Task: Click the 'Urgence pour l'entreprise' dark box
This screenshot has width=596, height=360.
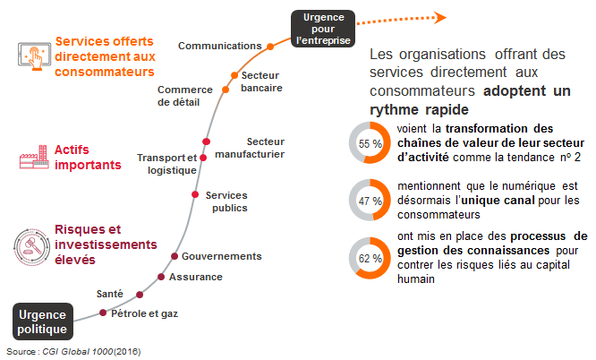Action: [x=322, y=28]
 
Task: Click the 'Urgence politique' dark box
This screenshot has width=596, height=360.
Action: [x=42, y=321]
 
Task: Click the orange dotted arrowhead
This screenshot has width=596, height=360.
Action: [x=438, y=16]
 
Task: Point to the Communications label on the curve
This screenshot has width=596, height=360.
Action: [x=220, y=45]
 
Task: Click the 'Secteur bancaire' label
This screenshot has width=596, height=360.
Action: [x=262, y=81]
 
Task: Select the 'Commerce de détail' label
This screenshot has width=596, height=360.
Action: [x=184, y=95]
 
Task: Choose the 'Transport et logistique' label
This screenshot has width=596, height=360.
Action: [x=166, y=164]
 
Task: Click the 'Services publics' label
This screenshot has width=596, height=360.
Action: [x=226, y=201]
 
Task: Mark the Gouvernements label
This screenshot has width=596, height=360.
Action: [x=221, y=256]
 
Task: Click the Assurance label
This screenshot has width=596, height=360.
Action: [x=195, y=277]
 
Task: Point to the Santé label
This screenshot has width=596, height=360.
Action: [x=110, y=294]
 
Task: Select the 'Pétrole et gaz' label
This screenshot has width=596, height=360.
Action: [x=144, y=313]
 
